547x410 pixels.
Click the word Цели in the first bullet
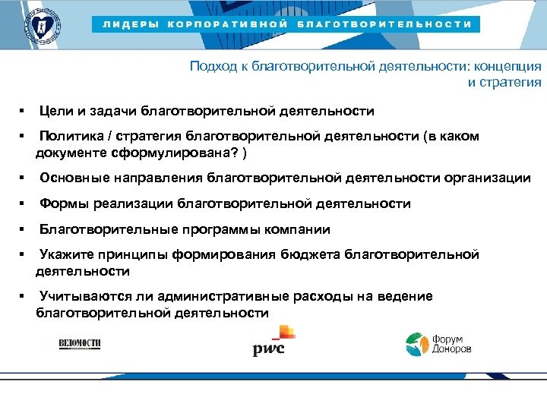pos(56,112)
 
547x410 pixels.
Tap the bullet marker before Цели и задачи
pos(24,112)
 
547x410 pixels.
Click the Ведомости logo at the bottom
pos(80,344)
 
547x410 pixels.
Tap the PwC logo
pos(272,341)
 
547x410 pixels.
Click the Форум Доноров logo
pos(438,344)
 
